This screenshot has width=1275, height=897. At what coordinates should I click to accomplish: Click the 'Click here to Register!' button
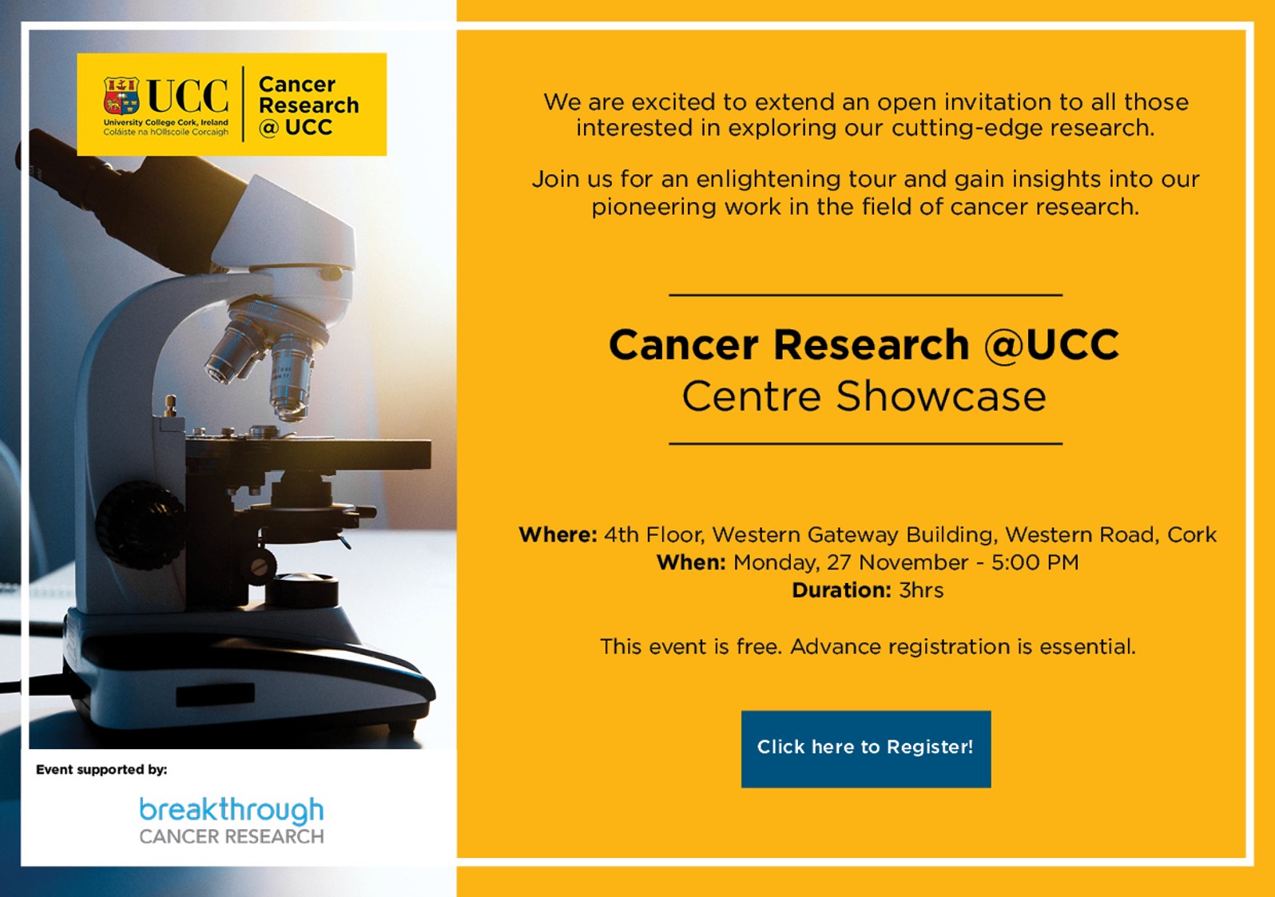click(866, 749)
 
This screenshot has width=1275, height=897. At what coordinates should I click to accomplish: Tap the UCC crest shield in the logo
click(121, 95)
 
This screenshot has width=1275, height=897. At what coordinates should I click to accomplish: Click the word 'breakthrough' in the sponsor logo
click(232, 810)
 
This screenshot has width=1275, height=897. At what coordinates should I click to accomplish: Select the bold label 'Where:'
click(558, 535)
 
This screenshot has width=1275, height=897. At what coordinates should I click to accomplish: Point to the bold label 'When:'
click(691, 563)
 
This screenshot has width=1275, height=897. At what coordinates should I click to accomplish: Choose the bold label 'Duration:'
click(841, 590)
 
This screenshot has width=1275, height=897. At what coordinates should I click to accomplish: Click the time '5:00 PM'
click(1035, 563)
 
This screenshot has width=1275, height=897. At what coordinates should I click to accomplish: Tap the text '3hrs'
click(921, 590)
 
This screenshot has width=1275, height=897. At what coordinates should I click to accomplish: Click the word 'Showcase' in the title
click(941, 396)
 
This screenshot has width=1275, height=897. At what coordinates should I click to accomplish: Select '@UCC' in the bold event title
click(1052, 344)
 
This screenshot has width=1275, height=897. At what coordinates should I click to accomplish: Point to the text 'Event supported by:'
click(101, 770)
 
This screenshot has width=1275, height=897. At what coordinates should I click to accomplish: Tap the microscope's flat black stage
click(308, 455)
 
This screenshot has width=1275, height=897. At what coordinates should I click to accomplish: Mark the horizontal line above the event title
click(866, 295)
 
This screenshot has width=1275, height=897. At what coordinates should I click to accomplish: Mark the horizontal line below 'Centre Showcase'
click(866, 443)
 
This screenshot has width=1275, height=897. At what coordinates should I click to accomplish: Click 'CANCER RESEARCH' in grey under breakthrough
click(232, 836)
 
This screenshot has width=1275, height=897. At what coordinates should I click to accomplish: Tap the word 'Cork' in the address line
click(1192, 535)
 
